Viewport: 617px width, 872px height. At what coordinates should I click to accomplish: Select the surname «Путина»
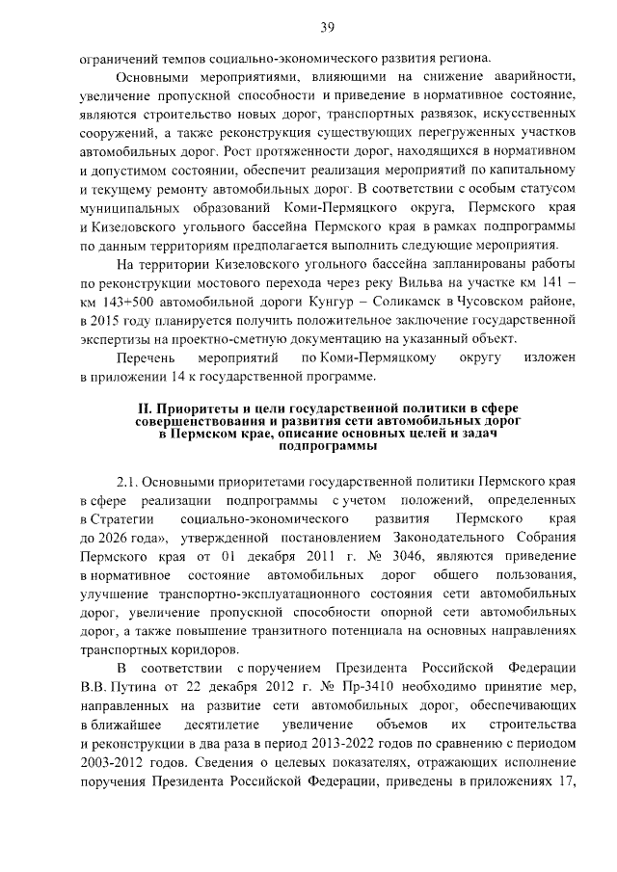[x=136, y=685]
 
